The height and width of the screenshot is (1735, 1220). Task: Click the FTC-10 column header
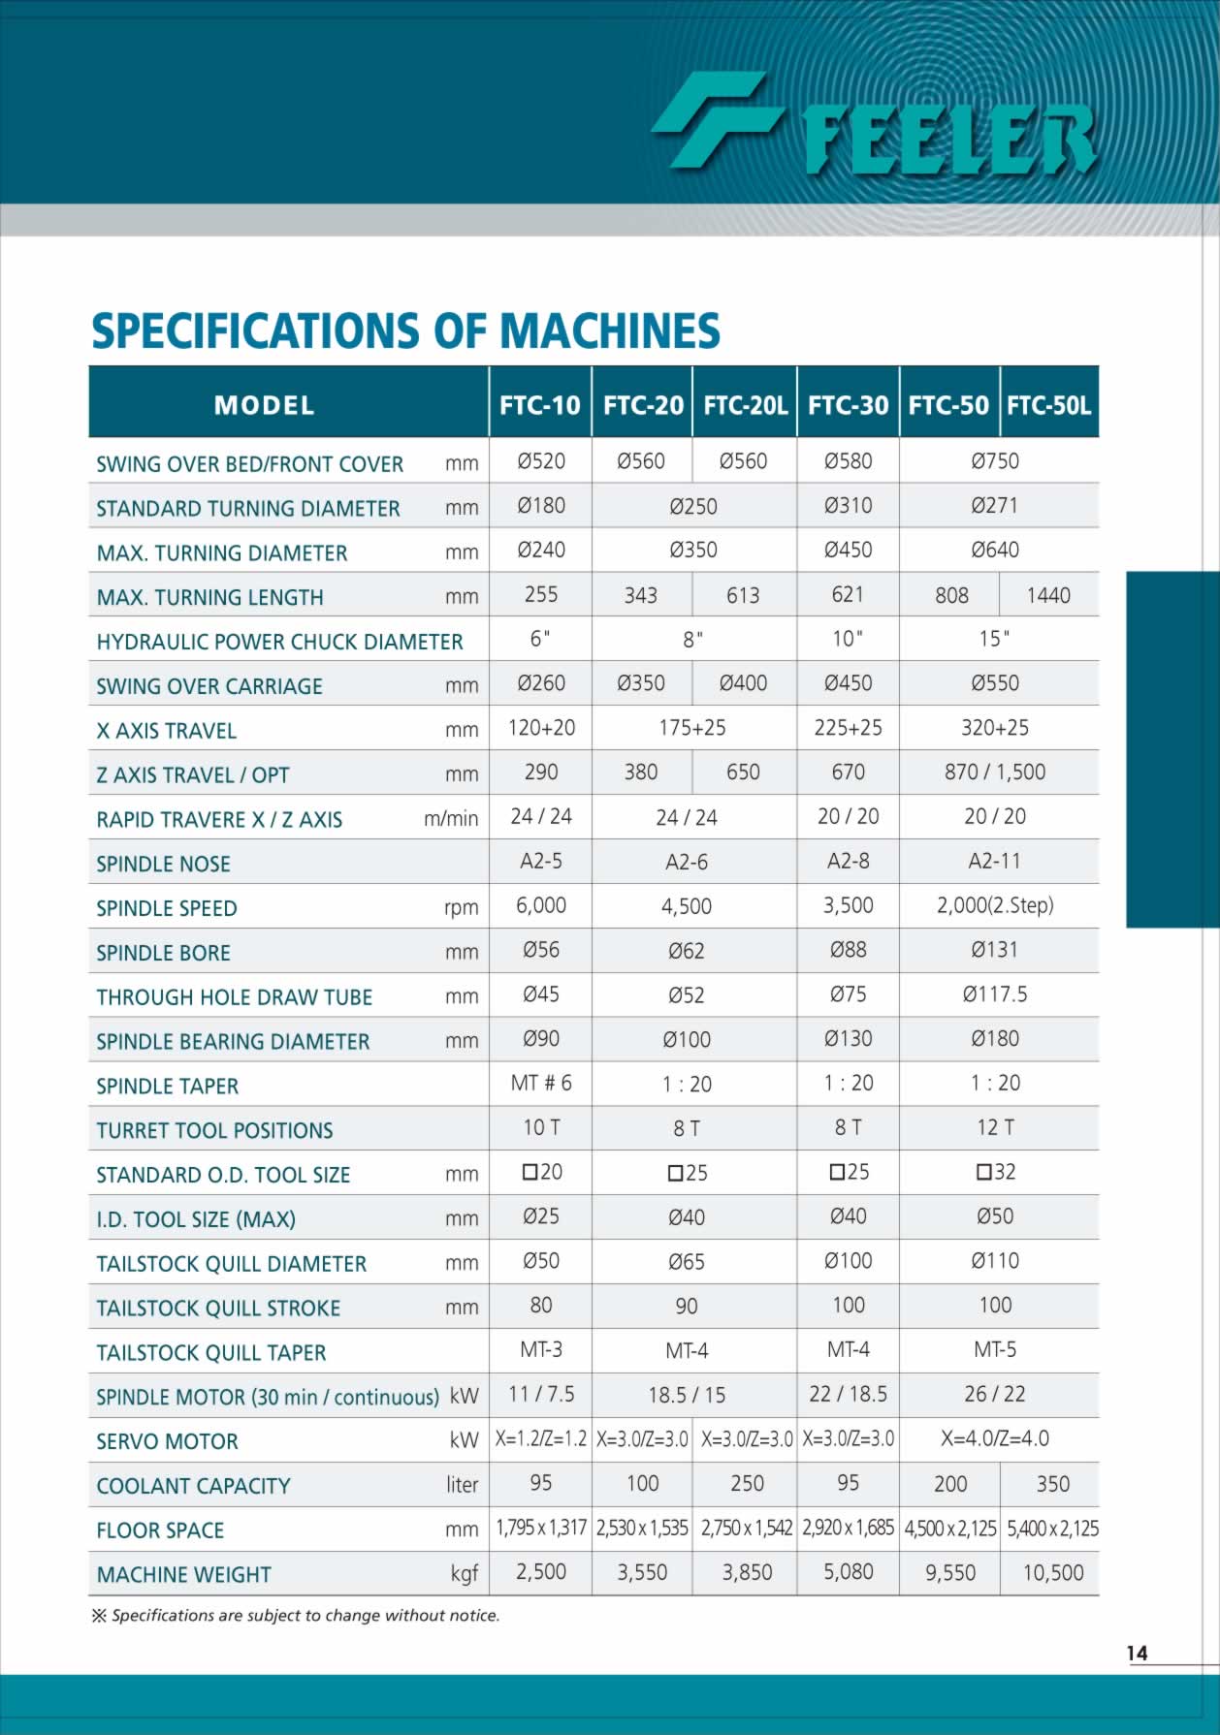[539, 405]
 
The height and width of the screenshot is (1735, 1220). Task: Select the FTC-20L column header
[745, 405]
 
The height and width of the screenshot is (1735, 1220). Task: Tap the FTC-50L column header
[1048, 405]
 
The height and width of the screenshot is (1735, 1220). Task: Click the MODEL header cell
[264, 405]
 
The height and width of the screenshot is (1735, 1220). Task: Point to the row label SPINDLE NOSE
[163, 864]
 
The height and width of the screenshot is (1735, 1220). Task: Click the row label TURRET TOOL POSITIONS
[214, 1130]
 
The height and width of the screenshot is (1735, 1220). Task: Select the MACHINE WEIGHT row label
[183, 1574]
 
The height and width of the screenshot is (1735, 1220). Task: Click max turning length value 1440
[1048, 595]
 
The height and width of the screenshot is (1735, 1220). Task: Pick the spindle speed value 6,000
[541, 905]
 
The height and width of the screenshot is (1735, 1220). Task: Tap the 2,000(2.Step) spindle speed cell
[995, 905]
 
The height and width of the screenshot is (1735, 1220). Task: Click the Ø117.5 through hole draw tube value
[995, 994]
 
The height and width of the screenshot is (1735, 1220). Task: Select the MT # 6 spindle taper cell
[541, 1084]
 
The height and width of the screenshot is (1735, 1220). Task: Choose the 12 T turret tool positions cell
[995, 1127]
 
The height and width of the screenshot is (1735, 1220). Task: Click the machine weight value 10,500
[1053, 1572]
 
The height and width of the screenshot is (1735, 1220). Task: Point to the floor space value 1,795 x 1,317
[541, 1528]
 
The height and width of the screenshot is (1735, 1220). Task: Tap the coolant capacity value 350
[1053, 1484]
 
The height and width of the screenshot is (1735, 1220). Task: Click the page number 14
[1137, 1654]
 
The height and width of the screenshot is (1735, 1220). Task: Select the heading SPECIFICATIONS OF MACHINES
[405, 331]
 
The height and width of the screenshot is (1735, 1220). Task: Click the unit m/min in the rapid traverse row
[451, 819]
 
